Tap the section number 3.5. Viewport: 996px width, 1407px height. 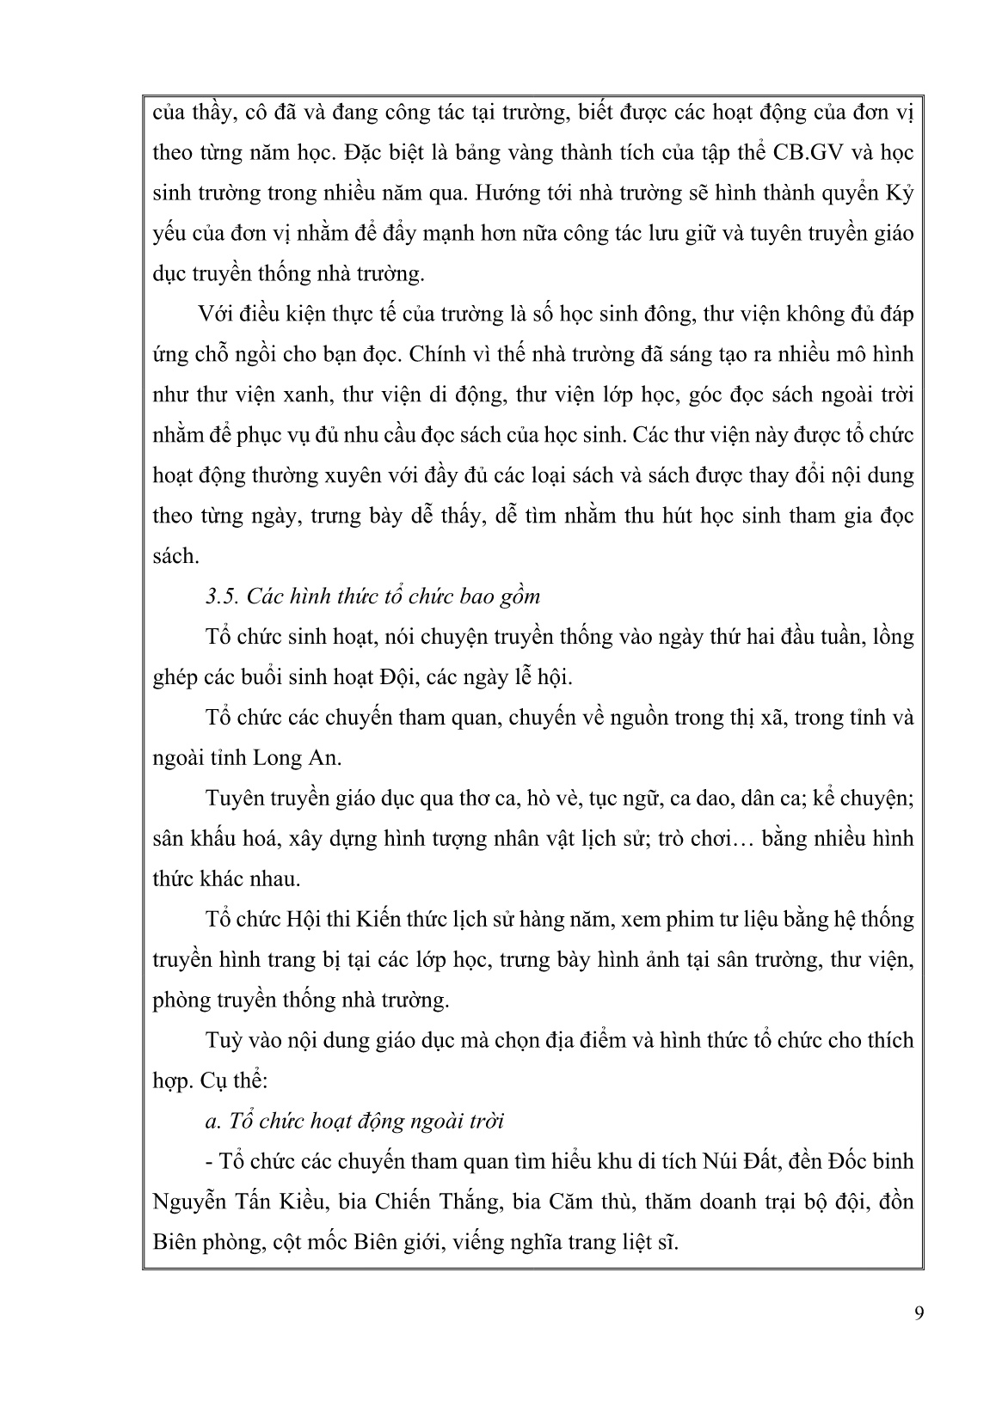[222, 596]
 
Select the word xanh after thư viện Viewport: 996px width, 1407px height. [305, 395]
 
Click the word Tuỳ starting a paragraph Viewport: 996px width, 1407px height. [226, 1041]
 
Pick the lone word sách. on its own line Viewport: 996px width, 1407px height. [175, 556]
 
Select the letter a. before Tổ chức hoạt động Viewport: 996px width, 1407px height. [213, 1122]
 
